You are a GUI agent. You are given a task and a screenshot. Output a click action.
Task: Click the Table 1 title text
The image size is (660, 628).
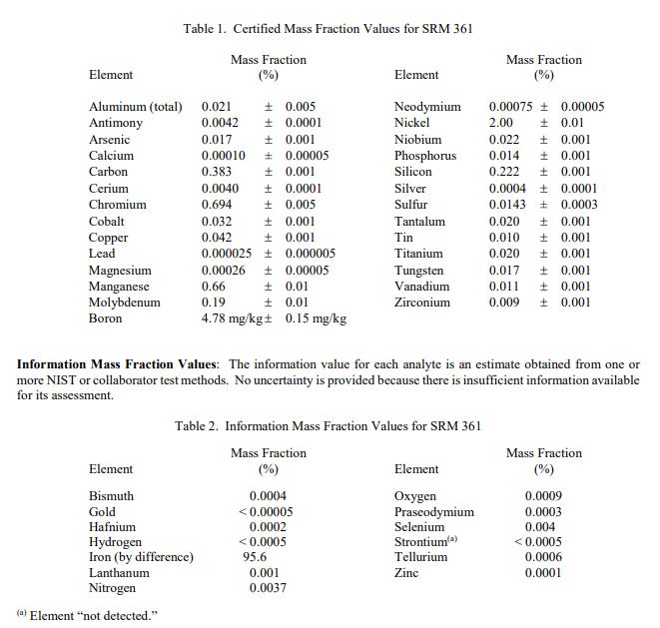pyautogui.click(x=328, y=28)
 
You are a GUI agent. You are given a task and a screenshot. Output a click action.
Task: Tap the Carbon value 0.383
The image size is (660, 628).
pyautogui.click(x=218, y=172)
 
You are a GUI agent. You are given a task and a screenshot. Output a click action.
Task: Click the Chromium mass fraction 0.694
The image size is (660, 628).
pyautogui.click(x=218, y=205)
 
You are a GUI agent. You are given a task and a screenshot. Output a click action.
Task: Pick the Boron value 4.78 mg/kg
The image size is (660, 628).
pyautogui.click(x=232, y=318)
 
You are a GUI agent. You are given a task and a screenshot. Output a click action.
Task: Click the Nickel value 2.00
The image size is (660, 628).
pyautogui.click(x=501, y=123)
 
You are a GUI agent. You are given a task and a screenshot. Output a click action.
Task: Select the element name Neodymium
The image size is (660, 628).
pyautogui.click(x=427, y=107)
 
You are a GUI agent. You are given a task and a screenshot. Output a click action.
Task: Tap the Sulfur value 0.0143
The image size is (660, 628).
pyautogui.click(x=508, y=205)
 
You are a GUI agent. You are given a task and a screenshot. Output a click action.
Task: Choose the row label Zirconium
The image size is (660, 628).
pyautogui.click(x=422, y=303)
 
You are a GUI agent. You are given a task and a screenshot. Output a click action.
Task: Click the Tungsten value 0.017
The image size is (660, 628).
pyautogui.click(x=504, y=271)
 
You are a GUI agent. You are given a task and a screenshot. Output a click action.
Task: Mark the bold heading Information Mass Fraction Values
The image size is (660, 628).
pyautogui.click(x=120, y=365)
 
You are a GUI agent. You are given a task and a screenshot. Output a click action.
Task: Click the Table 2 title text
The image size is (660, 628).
pyautogui.click(x=328, y=426)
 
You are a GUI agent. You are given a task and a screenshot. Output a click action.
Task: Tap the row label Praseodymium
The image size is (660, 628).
pyautogui.click(x=434, y=512)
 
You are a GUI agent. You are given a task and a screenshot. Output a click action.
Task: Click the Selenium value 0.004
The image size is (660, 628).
pyautogui.click(x=540, y=527)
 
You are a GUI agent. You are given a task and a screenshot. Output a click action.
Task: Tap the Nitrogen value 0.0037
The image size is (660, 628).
pyautogui.click(x=268, y=588)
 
